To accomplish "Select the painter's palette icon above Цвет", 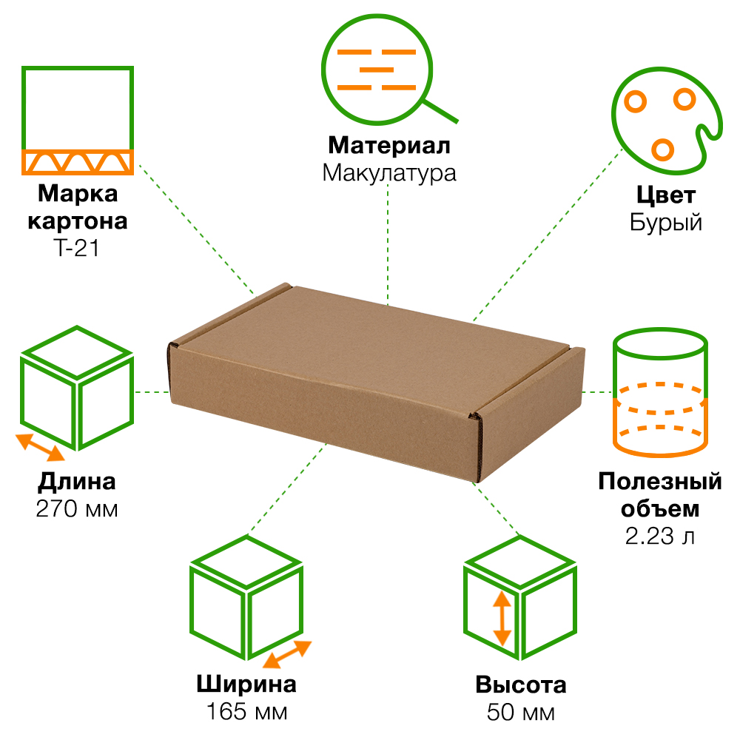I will [662, 118].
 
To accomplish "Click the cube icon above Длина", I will [77, 388].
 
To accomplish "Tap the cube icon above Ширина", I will [247, 603].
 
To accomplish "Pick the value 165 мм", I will [247, 712].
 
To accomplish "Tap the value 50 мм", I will [520, 712].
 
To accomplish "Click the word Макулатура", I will [389, 173].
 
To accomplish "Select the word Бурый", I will [666, 223].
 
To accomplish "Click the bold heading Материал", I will [389, 145].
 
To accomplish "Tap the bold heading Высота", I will [520, 684].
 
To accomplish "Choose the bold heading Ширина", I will [247, 684].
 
